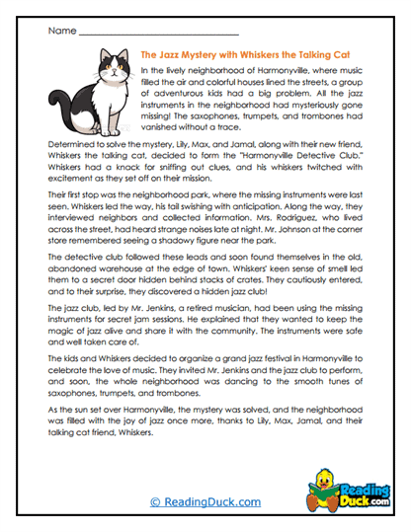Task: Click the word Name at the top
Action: pyautogui.click(x=61, y=31)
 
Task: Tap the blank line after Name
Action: pyautogui.click(x=158, y=33)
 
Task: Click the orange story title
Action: pyautogui.click(x=252, y=57)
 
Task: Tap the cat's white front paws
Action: pyautogui.click(x=117, y=128)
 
